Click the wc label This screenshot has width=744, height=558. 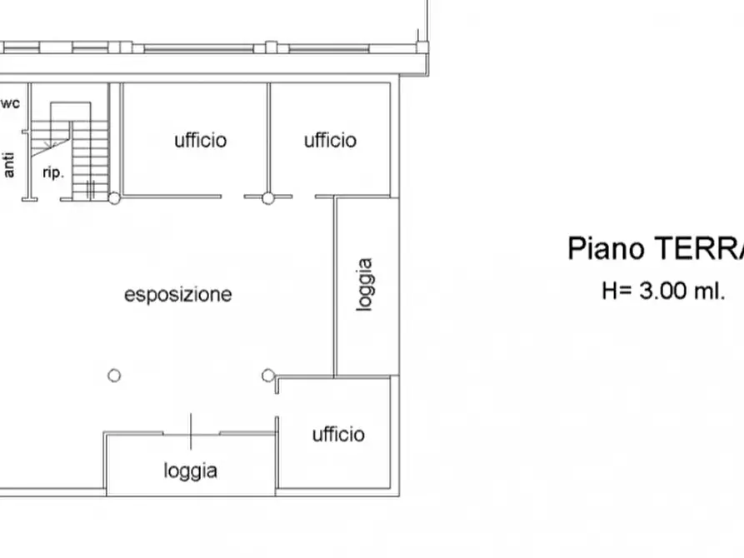(x=11, y=103)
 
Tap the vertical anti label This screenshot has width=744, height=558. (x=9, y=164)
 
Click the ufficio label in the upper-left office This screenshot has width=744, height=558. (x=200, y=140)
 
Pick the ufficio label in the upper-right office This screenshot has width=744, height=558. (x=330, y=140)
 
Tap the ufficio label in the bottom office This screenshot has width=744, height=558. (x=338, y=434)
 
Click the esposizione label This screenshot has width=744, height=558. (x=178, y=294)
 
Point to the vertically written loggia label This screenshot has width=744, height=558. (x=364, y=285)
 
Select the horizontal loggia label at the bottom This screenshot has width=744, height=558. (x=191, y=471)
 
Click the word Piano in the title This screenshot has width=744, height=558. (x=606, y=248)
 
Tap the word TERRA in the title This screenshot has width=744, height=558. (x=698, y=248)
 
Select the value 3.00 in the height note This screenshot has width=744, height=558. (x=664, y=291)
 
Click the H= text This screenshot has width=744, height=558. (x=617, y=291)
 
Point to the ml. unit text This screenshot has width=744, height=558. (x=709, y=291)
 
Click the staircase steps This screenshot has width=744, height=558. (x=90, y=158)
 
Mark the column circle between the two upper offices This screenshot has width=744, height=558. (x=268, y=198)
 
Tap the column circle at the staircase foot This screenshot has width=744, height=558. (x=114, y=198)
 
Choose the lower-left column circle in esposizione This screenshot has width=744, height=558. (x=114, y=376)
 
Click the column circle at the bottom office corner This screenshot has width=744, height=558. (x=268, y=376)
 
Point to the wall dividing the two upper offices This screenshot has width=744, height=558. (x=268, y=137)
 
